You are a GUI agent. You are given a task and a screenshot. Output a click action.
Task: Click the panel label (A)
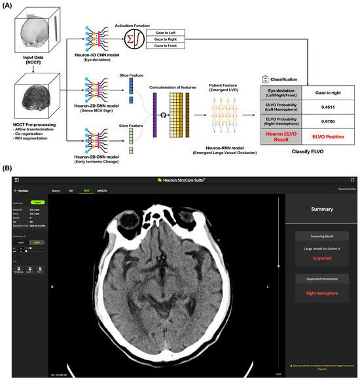(x=9, y=7)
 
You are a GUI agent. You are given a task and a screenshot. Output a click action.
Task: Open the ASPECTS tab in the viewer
(x=102, y=190)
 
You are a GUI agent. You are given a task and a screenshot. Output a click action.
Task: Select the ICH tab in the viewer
(x=71, y=190)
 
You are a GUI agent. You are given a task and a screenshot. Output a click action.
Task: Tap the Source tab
(x=56, y=190)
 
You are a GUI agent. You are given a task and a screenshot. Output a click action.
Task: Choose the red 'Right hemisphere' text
(x=319, y=293)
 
